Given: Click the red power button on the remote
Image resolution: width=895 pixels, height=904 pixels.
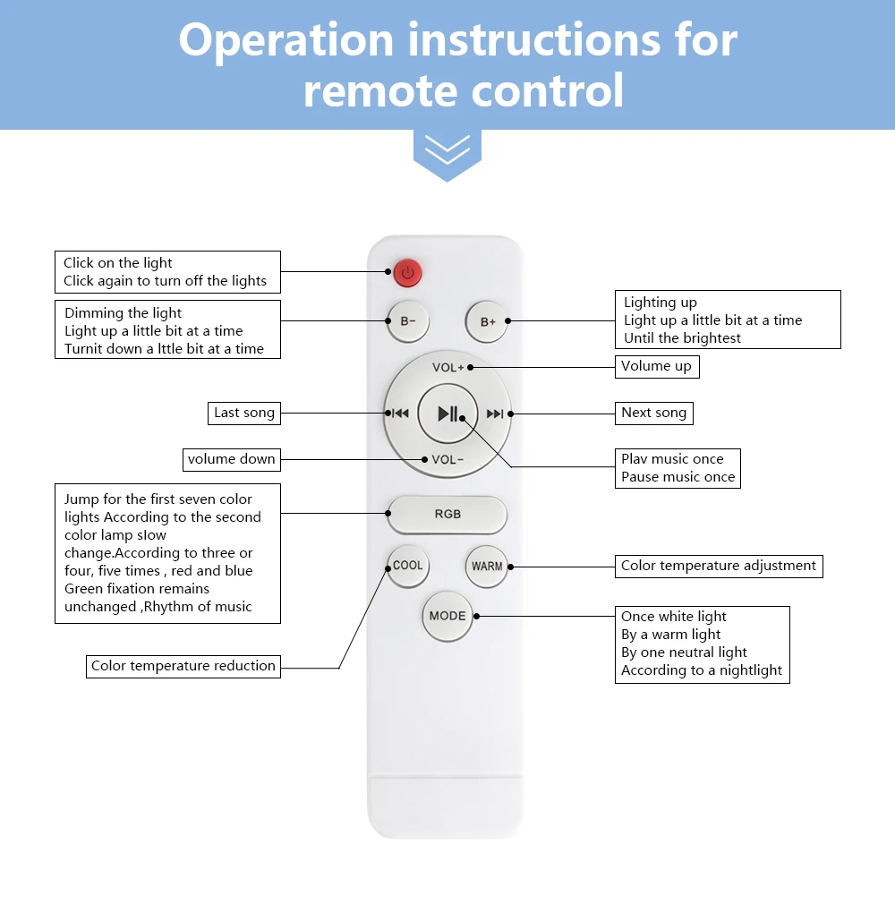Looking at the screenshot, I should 407,272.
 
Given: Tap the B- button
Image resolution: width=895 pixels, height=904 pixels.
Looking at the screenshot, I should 408,321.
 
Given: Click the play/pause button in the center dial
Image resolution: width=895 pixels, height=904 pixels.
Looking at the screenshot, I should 447,414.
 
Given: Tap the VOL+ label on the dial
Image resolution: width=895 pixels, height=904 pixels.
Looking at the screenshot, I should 447,368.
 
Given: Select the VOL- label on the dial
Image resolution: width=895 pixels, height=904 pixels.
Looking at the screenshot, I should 447,459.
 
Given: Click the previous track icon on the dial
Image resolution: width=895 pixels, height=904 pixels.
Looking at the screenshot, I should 399,414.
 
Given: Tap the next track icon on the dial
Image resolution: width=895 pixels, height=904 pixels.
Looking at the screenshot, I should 495,414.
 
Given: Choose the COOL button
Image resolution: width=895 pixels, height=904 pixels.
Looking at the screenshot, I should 408,566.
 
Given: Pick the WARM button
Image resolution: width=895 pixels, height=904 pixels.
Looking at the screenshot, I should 487,567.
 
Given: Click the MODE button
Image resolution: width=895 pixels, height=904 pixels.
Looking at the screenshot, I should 447,616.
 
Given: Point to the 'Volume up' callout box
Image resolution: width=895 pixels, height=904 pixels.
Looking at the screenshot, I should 657,366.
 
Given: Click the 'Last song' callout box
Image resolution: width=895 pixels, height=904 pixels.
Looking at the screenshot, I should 243,413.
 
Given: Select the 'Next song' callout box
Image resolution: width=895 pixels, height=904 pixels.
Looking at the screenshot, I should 654,413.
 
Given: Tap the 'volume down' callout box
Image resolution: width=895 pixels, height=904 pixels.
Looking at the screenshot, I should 232,459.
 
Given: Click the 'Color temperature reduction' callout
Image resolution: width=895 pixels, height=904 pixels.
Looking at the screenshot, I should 183,666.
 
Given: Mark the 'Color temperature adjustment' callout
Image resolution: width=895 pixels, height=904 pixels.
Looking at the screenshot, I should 719,566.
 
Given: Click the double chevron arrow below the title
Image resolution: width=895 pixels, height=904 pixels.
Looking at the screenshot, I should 447,150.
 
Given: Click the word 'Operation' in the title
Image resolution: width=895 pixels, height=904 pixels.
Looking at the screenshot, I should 286,40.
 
